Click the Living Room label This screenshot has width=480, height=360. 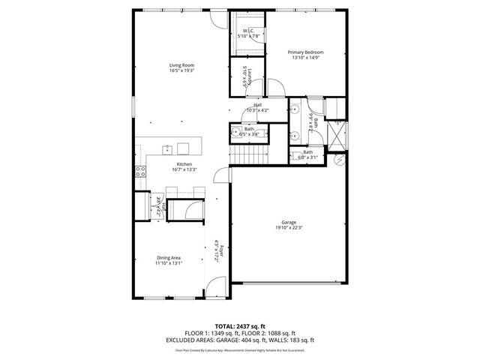(181, 65)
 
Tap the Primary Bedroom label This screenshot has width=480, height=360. (305, 52)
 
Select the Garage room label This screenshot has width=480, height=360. (289, 222)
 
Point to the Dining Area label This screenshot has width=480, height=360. (168, 257)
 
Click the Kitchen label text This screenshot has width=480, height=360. (184, 164)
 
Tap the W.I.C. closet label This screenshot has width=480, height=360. (248, 31)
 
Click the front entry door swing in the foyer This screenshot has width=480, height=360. (216, 287)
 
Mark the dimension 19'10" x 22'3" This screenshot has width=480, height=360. (289, 228)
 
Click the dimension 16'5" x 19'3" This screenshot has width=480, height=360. (181, 70)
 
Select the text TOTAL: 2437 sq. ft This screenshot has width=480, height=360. (240, 326)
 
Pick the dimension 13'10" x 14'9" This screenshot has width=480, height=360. (305, 58)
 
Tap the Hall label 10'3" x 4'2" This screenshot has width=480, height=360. (257, 107)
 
